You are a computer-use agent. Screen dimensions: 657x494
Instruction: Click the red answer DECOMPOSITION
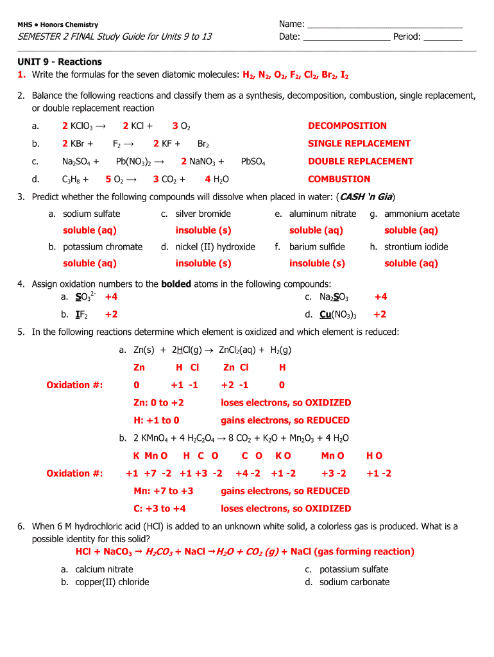[347, 126]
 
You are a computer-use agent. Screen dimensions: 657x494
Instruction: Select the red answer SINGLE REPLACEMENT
[359, 144]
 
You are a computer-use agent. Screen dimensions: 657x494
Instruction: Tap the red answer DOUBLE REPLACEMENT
[361, 162]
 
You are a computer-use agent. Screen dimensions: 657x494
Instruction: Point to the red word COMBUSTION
[339, 180]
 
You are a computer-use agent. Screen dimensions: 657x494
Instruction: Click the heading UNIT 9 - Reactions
[59, 62]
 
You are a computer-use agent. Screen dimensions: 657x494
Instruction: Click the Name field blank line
[384, 24]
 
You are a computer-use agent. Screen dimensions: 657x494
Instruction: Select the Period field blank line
[443, 37]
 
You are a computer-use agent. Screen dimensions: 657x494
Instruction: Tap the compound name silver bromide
[203, 214]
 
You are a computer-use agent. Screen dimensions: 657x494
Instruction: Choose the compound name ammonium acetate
[422, 214]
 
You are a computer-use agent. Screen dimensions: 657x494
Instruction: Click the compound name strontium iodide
[416, 247]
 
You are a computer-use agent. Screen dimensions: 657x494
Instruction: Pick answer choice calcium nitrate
[104, 569]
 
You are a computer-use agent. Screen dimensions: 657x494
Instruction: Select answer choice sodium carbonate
[354, 582]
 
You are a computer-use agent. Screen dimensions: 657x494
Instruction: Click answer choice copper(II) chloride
[112, 582]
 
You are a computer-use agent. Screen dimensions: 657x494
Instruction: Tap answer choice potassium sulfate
[353, 569]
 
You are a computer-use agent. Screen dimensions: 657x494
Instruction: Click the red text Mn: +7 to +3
[163, 491]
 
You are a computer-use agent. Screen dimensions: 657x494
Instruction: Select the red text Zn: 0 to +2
[158, 403]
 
